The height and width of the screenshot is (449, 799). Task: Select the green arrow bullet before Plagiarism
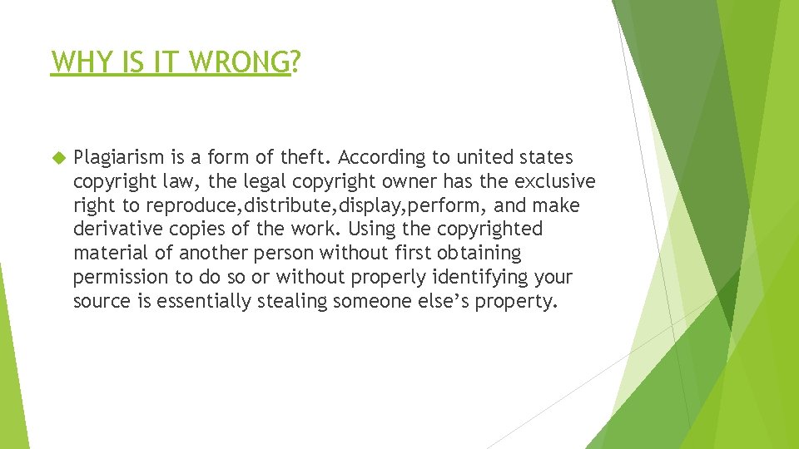[58, 157]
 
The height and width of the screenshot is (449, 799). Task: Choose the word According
[380, 157]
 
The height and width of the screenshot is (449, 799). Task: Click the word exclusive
[555, 181]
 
